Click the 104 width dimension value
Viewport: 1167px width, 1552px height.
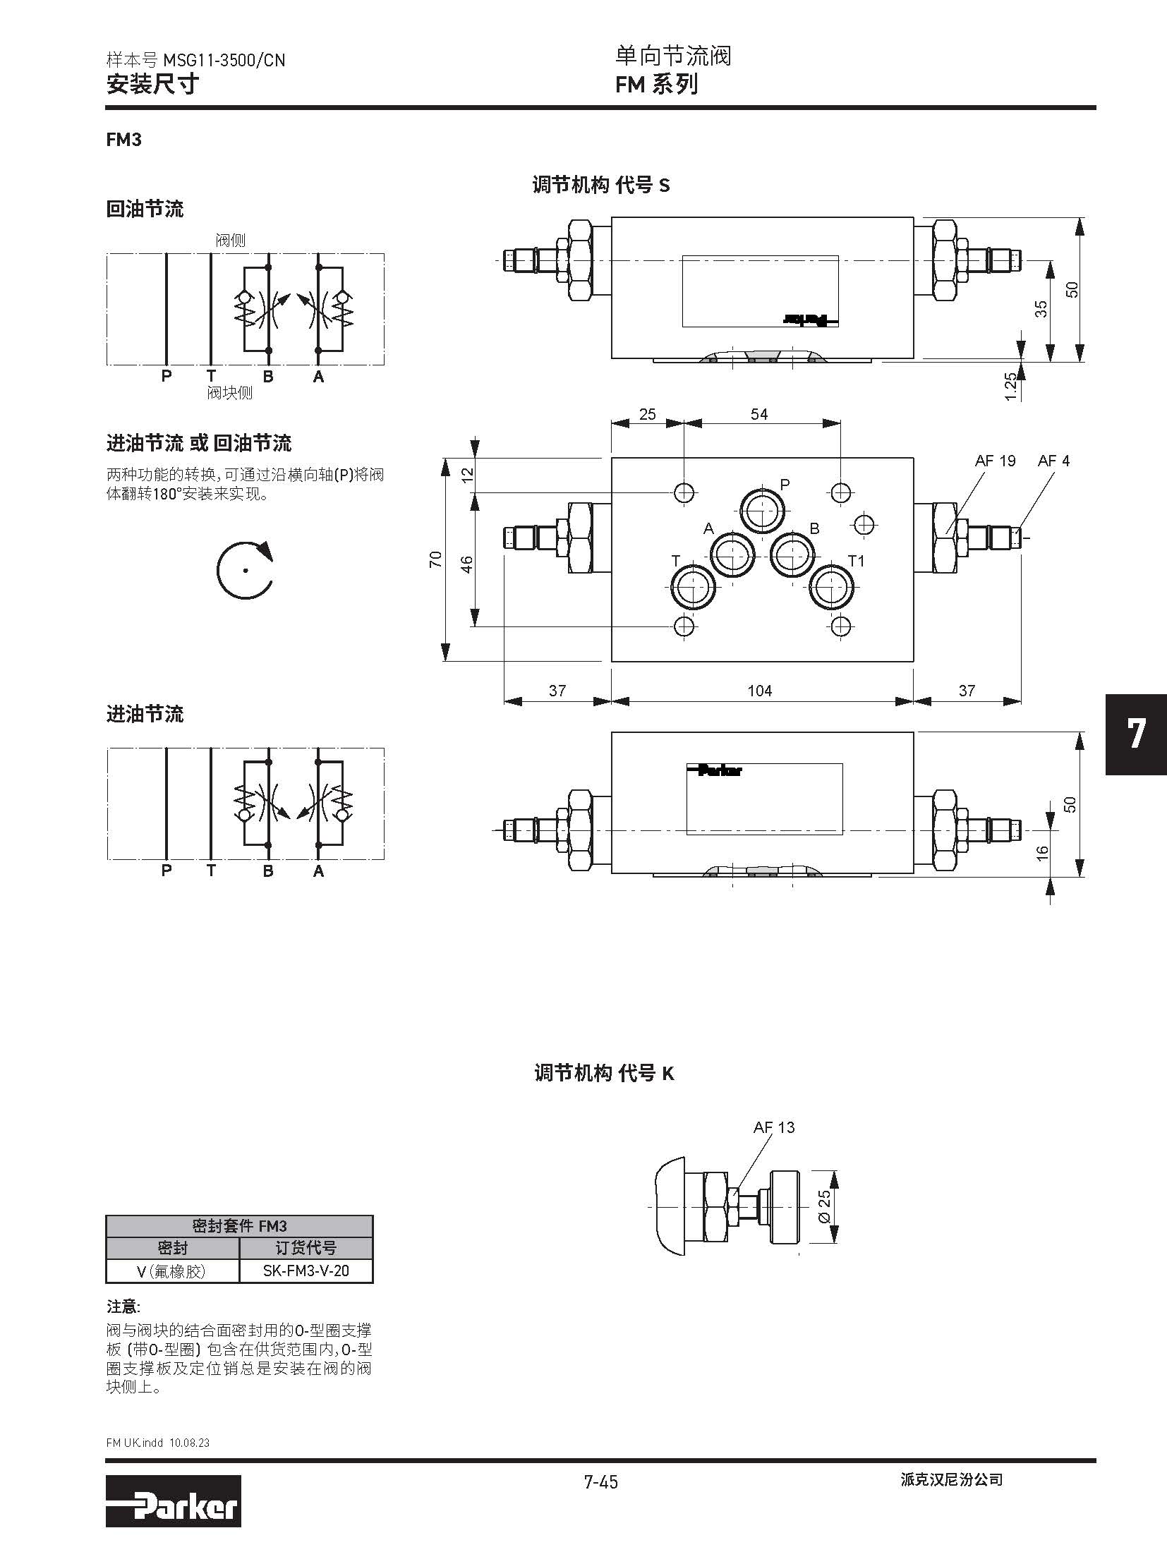tap(759, 691)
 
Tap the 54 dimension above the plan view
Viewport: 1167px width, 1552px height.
tap(758, 414)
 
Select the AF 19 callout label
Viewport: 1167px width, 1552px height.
tap(995, 461)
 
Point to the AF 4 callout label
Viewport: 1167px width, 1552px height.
tap(1053, 461)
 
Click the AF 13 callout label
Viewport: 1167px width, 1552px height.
tap(773, 1127)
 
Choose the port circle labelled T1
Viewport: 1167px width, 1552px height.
tap(832, 586)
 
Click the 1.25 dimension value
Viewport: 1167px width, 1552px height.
tap(1010, 387)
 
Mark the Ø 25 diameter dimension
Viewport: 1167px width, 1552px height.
tap(824, 1207)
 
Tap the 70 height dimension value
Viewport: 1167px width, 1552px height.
tap(435, 559)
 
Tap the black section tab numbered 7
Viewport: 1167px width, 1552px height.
tap(1135, 734)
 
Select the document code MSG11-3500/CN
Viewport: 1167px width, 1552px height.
tap(224, 61)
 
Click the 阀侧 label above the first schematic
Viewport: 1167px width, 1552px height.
tap(230, 241)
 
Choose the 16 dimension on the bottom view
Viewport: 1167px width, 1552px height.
tap(1042, 854)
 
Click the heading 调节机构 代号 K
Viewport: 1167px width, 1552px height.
tap(604, 1073)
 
